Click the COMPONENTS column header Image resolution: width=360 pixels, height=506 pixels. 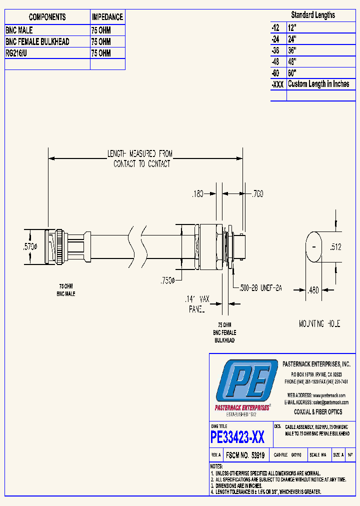pos(47,17)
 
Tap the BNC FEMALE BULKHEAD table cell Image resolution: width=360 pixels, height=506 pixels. pos(37,41)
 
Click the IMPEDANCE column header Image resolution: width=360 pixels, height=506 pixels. pos(107,17)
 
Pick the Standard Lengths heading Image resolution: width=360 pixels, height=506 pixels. pos(313,15)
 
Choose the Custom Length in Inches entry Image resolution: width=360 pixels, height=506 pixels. pos(318,84)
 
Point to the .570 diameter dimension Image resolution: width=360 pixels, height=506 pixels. pos(29,246)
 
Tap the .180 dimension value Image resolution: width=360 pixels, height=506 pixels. pos(198,194)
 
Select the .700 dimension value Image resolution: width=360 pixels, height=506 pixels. pos(257,194)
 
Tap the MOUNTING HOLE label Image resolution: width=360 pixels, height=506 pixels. pos(319,324)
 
